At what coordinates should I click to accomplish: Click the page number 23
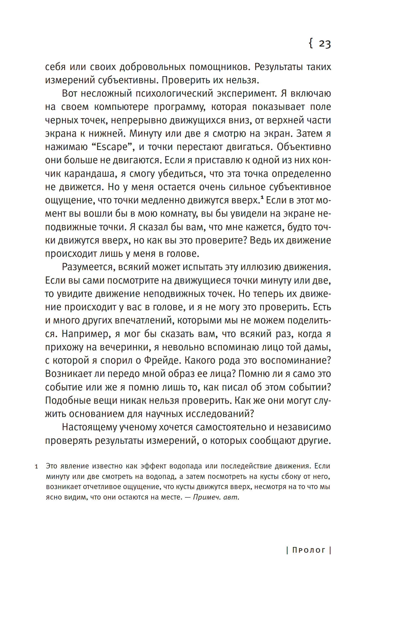[325, 44]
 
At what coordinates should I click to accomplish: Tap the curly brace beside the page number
[311, 44]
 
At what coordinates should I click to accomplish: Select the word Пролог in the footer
[309, 550]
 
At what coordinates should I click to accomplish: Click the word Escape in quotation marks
[112, 147]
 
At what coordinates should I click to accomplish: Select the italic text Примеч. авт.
[216, 497]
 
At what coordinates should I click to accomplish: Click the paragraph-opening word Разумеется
[88, 267]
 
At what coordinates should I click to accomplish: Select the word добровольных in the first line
[152, 67]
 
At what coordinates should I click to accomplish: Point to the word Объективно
[304, 147]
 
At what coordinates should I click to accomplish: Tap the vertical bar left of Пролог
[287, 550]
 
